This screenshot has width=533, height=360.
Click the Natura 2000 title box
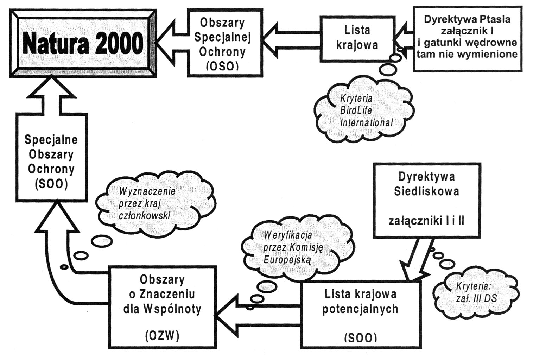point(83,44)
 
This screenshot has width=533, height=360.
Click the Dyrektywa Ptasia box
point(467,38)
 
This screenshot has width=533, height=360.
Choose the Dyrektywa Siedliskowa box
point(426,200)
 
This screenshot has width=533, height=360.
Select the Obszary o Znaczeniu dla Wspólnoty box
point(162,307)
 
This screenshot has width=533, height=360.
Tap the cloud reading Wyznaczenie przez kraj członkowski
point(147,203)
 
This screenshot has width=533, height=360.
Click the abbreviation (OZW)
point(162,336)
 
